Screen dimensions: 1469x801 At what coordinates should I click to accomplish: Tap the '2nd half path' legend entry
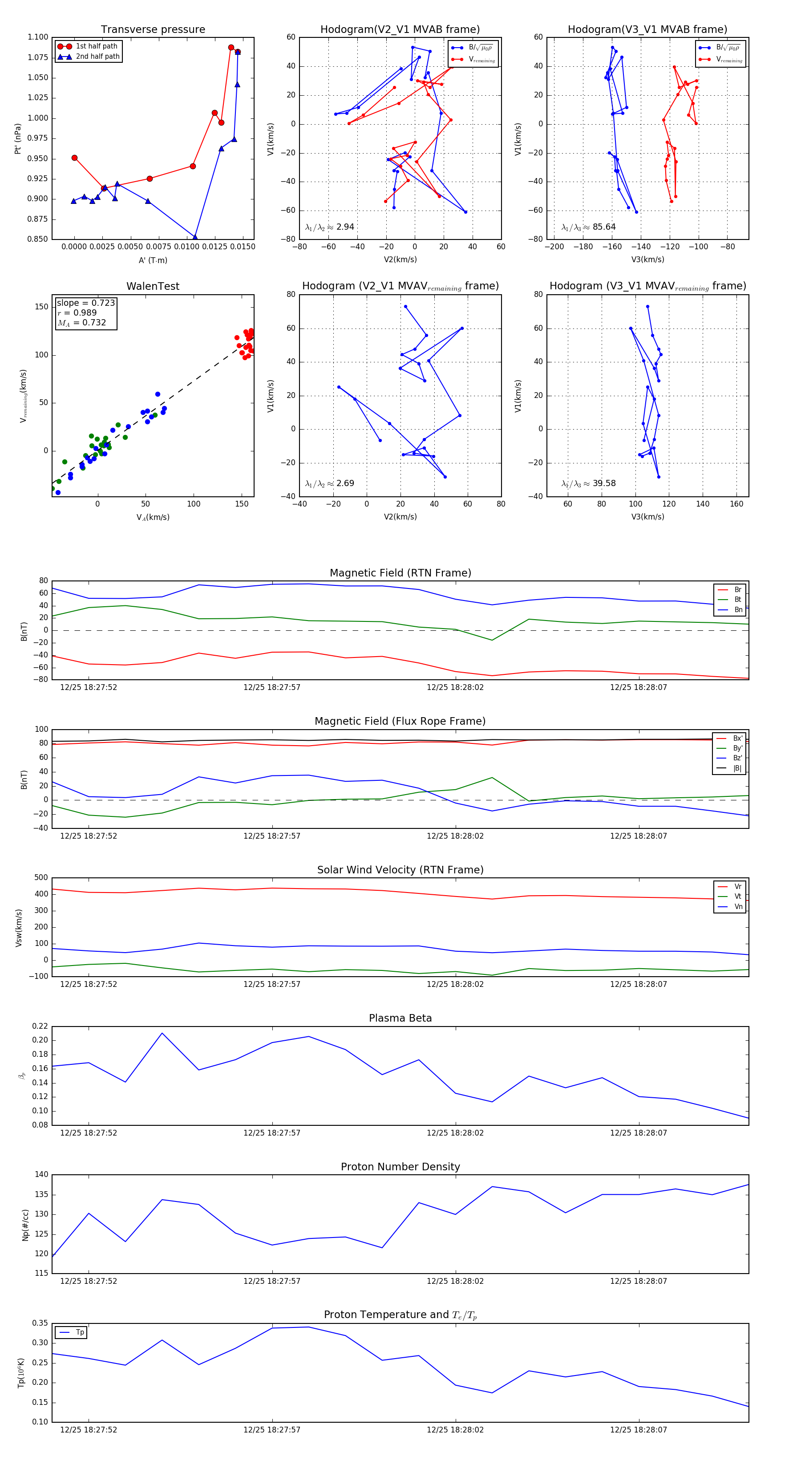(x=97, y=57)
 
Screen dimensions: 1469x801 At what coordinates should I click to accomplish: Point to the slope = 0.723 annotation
(x=85, y=303)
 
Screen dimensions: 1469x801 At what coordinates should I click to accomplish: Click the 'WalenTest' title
(x=153, y=286)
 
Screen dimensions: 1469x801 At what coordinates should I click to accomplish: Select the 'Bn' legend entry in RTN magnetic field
(x=738, y=609)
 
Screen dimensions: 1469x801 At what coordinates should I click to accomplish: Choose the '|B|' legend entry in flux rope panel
(x=737, y=768)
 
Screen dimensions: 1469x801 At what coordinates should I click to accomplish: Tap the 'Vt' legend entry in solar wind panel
(x=738, y=897)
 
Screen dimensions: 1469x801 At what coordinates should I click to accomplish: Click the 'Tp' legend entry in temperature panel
(x=80, y=1332)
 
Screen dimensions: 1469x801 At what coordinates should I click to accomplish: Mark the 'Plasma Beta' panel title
(x=400, y=1018)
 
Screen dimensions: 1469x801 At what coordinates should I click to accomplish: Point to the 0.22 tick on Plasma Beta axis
(x=40, y=1026)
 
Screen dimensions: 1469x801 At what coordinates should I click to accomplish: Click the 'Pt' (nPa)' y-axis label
(x=18, y=138)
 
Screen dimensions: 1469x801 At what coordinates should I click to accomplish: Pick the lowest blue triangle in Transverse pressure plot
(x=195, y=238)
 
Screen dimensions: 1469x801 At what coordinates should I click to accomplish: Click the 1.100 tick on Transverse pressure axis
(x=38, y=37)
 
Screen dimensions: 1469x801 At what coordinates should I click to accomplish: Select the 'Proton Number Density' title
(x=400, y=1166)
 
